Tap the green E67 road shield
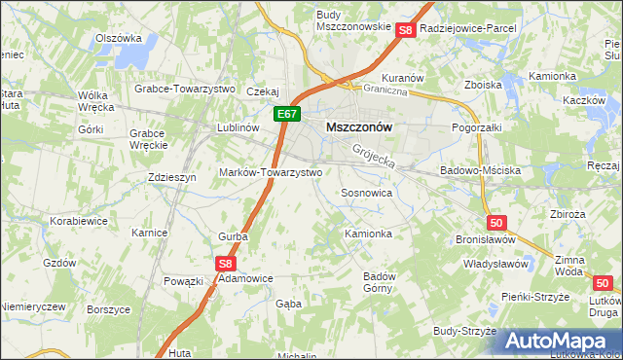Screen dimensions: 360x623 (x=285, y=115)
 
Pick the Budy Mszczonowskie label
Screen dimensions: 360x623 (x=353, y=20)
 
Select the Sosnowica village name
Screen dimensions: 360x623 (x=366, y=194)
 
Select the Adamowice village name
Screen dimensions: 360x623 (x=244, y=277)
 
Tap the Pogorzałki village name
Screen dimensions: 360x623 (x=477, y=127)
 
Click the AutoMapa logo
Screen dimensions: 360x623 (x=563, y=341)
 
